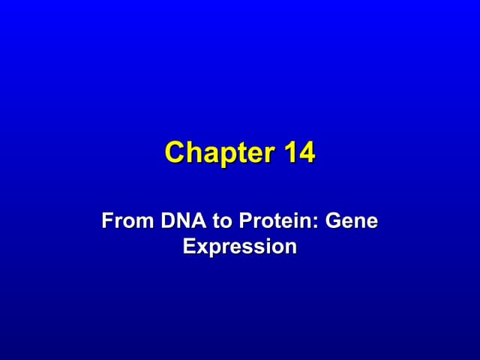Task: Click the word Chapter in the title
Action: [x=221, y=153]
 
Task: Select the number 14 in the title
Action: [x=300, y=153]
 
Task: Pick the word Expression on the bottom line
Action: [x=240, y=246]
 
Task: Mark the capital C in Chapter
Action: [x=175, y=153]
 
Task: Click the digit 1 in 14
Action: [x=291, y=153]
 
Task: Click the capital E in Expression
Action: [x=189, y=246]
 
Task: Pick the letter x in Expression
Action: [x=201, y=247]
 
